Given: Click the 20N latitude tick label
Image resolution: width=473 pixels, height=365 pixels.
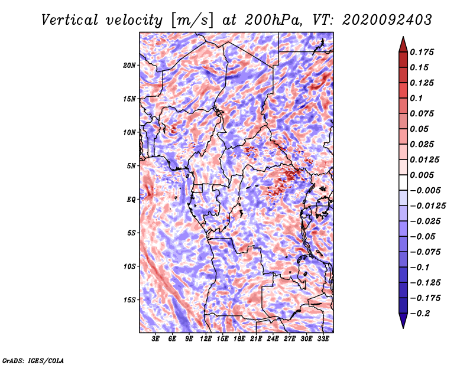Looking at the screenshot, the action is point(129,66).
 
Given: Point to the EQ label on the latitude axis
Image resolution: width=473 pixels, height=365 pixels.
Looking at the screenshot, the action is point(131,200).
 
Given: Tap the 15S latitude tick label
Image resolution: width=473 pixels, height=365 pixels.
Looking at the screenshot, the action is point(129,300).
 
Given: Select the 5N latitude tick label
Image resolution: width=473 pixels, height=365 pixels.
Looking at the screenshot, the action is point(131,166).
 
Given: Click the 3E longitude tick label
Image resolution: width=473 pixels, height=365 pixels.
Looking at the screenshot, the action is point(155,339).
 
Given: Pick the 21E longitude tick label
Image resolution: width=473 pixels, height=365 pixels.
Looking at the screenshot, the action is point(256,339).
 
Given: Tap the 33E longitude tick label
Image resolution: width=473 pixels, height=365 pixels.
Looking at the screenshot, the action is point(323,339).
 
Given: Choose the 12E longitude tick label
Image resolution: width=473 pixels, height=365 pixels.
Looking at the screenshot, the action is point(205,339).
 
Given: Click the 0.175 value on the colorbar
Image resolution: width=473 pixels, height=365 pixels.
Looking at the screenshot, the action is point(422,52).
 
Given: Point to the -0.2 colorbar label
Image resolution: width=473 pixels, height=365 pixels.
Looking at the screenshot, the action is point(420,314).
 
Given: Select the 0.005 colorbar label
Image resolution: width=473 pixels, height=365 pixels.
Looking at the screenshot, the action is point(422,175).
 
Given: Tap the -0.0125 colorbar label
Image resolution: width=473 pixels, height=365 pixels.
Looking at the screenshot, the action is point(427,206).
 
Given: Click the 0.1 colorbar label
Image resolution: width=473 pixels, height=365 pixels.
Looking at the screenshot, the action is point(416,98).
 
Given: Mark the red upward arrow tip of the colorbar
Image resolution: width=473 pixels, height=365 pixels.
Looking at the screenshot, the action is point(403,37).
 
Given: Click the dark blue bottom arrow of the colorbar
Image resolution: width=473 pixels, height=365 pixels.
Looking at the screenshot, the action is point(403,321).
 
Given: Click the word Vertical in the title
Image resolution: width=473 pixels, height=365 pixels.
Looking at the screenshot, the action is point(70,20).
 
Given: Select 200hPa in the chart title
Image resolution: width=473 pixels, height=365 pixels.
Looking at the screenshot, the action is point(273,20).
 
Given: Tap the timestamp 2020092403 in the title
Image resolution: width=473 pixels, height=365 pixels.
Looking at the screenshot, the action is point(387,20).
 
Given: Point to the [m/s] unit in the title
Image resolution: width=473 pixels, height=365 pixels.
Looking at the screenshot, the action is point(193,21).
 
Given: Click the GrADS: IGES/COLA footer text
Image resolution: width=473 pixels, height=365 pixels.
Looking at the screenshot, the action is point(33,360).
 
